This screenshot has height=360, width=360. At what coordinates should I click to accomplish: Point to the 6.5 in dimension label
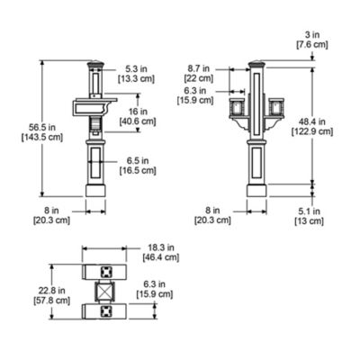click(138, 165)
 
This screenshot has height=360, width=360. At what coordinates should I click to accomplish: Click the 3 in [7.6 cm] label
click(310, 38)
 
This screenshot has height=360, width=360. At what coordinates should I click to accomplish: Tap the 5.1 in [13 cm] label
click(310, 215)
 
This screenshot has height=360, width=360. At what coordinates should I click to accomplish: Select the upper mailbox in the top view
click(106, 272)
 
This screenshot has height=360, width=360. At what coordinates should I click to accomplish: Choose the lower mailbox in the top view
click(106, 310)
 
